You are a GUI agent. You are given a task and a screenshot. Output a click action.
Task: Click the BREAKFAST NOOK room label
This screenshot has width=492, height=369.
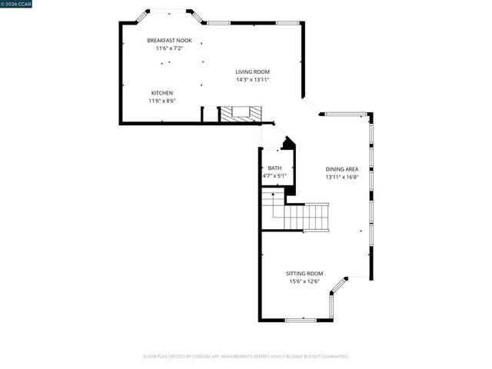(x=169, y=41)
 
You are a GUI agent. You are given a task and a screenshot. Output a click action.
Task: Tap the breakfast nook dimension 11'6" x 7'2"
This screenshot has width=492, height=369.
(x=169, y=48)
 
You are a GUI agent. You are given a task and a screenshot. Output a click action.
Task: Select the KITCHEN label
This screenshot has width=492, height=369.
(x=161, y=93)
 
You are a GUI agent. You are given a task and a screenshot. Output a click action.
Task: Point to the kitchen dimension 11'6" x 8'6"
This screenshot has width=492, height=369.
(x=161, y=101)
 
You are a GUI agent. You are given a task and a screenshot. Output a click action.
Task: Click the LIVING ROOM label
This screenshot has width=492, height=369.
(x=252, y=71)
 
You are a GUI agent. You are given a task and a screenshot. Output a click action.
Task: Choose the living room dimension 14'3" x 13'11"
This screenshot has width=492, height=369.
(x=252, y=79)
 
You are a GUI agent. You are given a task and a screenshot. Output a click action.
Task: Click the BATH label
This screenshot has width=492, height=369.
(x=274, y=168)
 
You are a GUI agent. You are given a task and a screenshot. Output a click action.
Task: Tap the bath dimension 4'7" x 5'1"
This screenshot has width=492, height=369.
(x=274, y=176)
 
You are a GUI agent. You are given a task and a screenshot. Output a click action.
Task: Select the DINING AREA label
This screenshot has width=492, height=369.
(x=341, y=169)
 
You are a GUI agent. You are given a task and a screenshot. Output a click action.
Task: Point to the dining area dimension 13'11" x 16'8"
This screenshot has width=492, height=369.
(x=341, y=177)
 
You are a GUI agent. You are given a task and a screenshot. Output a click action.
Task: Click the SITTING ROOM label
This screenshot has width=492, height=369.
(x=304, y=274)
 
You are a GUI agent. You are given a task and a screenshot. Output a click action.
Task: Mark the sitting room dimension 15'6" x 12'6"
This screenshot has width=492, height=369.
(x=304, y=281)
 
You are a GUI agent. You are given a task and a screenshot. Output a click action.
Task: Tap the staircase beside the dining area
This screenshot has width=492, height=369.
(x=305, y=216)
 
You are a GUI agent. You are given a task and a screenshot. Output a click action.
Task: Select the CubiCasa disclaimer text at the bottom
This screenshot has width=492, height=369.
(x=246, y=356)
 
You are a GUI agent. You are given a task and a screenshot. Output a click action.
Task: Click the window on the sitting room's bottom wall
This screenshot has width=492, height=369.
(x=301, y=320)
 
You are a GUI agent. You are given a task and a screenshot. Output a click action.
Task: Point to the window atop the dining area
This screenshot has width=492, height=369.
(x=346, y=114)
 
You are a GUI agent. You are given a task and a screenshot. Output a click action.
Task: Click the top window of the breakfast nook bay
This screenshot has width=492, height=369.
(x=169, y=11)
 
